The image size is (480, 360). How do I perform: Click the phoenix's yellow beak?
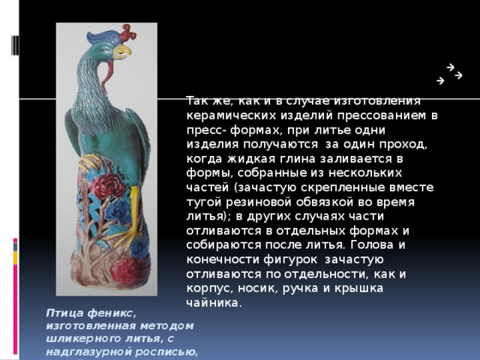click(x=122, y=52)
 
